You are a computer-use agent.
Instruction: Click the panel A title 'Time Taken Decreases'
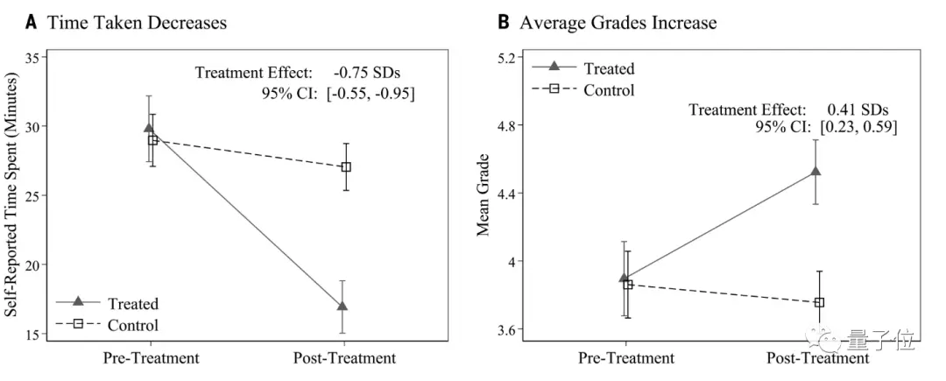[137, 23]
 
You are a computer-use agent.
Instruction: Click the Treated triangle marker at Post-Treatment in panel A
[342, 306]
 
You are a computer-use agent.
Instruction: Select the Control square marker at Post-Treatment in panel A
[346, 166]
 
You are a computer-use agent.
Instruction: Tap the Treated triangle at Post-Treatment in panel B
[815, 171]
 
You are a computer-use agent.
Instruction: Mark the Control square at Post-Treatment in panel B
[820, 302]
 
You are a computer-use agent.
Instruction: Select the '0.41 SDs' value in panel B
[858, 110]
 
